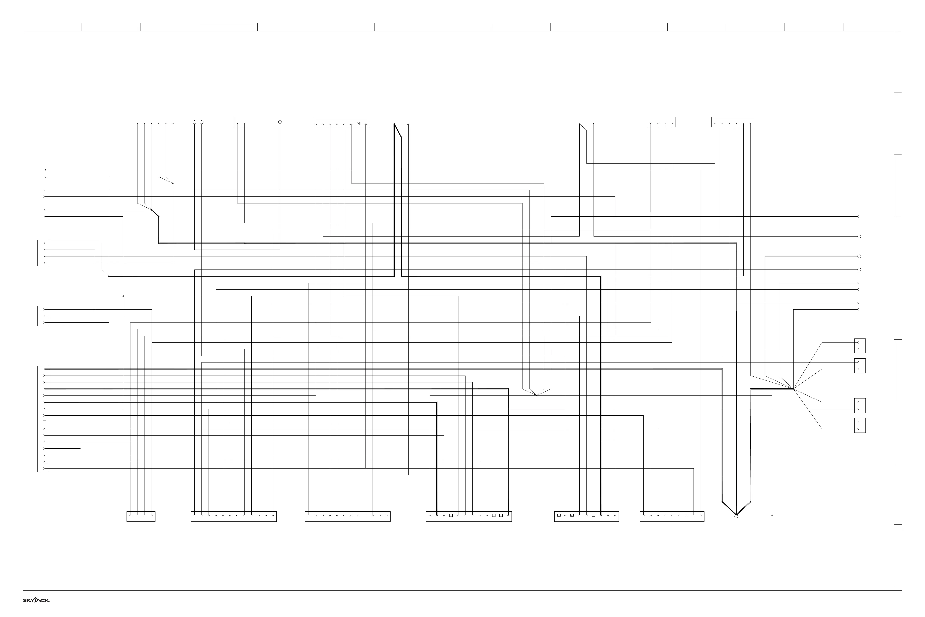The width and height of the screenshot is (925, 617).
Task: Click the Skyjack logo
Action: pyautogui.click(x=36, y=600)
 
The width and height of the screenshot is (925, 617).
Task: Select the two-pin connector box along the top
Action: pyautogui.click(x=241, y=122)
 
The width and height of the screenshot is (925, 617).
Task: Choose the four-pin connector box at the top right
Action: pyautogui.click(x=661, y=122)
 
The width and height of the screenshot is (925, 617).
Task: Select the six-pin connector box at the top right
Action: pyautogui.click(x=733, y=122)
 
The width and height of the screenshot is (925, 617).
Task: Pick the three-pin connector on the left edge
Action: pyautogui.click(x=43, y=316)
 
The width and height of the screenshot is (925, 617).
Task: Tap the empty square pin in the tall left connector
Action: pyautogui.click(x=45, y=422)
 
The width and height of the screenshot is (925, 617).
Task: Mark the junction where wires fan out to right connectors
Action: pyautogui.click(x=794, y=389)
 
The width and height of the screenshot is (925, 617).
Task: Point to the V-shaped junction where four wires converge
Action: pyautogui.click(x=536, y=395)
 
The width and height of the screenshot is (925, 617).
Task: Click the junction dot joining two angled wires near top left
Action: pyautogui.click(x=173, y=183)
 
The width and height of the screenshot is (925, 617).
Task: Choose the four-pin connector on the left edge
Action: pyautogui.click(x=43, y=253)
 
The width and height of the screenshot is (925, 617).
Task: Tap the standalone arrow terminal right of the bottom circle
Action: pyautogui.click(x=772, y=515)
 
